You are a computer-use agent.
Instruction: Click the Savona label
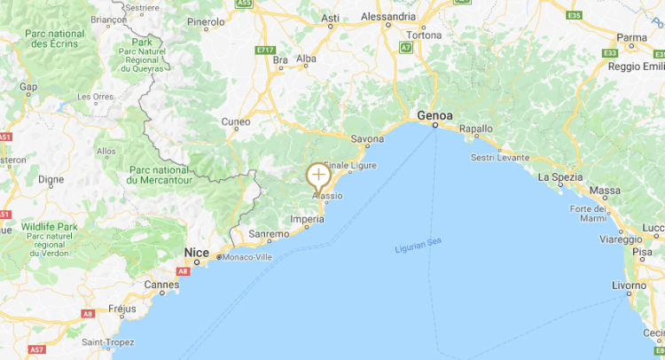click(367, 139)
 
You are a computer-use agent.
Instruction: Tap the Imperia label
click(307, 220)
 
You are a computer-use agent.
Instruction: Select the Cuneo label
click(236, 121)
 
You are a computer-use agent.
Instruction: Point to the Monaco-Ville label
click(246, 257)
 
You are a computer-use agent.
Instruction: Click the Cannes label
click(161, 285)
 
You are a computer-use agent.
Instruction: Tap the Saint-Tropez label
click(108, 341)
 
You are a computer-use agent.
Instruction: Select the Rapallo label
click(475, 129)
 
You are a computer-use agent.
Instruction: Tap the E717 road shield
click(264, 50)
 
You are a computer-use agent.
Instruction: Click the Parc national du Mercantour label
click(165, 175)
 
